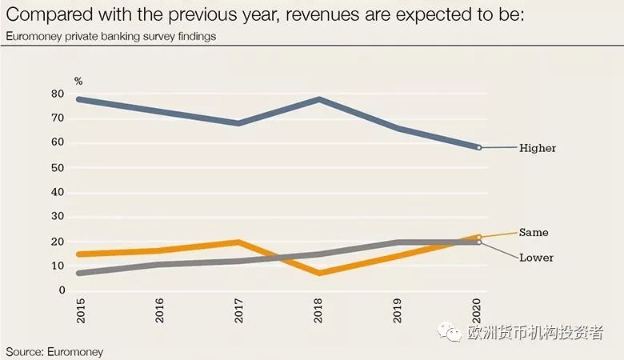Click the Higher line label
point(537,148)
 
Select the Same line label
point(533,232)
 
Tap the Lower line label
point(536,258)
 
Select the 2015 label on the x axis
point(80,311)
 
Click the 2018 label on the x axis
point(319,311)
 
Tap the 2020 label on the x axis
point(478,311)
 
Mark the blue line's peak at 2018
point(319,99)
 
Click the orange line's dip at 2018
point(319,273)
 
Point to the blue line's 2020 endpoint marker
point(478,147)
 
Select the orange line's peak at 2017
point(239,242)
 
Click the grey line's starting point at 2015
point(80,273)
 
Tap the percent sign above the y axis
point(78,81)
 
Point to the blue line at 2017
point(239,123)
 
